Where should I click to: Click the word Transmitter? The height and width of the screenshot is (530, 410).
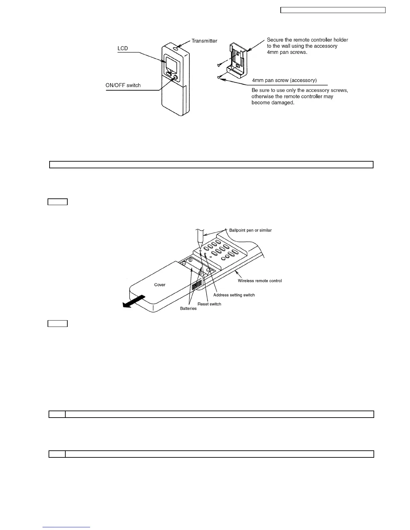pos(204,41)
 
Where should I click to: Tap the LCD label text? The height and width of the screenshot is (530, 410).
pos(123,49)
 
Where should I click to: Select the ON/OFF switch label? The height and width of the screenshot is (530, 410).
pos(123,85)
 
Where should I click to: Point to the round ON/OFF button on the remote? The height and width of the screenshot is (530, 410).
pos(176,78)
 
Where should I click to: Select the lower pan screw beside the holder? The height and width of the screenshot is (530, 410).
pos(219,78)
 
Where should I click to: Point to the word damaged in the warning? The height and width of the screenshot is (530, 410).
pos(283,103)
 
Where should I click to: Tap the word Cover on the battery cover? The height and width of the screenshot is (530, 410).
pos(160,285)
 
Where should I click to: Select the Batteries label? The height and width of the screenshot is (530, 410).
pos(188,308)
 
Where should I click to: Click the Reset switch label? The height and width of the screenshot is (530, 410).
pos(209,304)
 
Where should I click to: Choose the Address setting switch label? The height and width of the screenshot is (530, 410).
pos(234,295)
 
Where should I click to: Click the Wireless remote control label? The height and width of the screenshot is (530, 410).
pos(260,281)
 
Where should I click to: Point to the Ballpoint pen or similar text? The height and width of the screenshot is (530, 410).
pos(250,230)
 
